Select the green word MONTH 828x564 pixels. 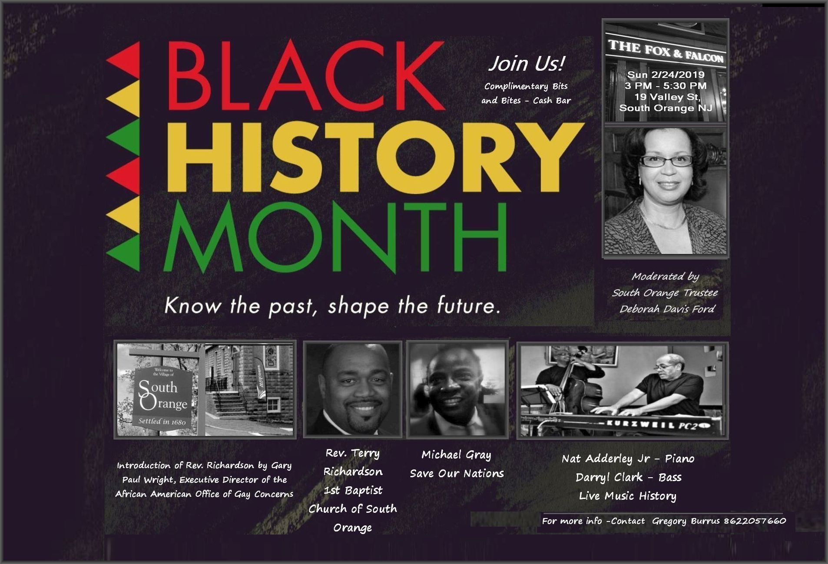tap(335, 237)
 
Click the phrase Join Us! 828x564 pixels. tap(526, 64)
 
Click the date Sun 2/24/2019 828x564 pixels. tap(666, 75)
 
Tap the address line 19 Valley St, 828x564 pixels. tap(667, 97)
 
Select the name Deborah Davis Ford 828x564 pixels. tap(667, 309)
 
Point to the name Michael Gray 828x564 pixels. tap(456, 455)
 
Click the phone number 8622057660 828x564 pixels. tap(755, 521)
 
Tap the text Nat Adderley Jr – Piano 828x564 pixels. tap(628, 459)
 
